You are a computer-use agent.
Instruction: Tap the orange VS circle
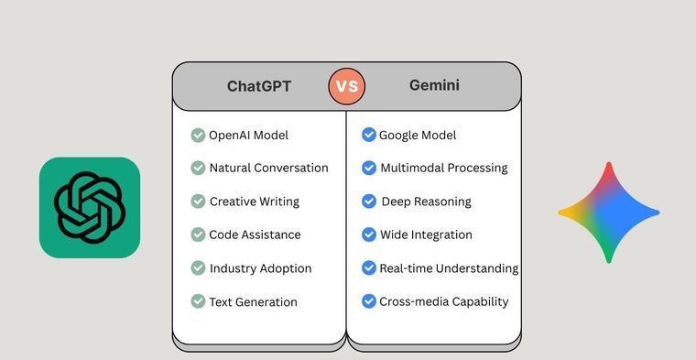point(346,87)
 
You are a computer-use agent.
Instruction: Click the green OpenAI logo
point(89,207)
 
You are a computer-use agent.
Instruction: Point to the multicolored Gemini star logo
point(608,212)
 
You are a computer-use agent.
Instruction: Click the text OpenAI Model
point(248,136)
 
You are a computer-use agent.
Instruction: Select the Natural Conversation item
point(268,168)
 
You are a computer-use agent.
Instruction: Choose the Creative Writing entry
point(254,202)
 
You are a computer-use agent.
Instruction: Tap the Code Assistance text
point(255,235)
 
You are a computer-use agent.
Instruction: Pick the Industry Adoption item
point(260,268)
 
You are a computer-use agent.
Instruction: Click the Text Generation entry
point(253,301)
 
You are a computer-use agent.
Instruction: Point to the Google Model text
point(418,136)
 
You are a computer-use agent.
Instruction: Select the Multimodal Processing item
point(443,168)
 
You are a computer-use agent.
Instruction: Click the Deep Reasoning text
point(425,202)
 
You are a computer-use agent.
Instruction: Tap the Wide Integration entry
point(426,235)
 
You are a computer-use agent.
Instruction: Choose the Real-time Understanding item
point(449,268)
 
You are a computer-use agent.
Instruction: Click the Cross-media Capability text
point(443,301)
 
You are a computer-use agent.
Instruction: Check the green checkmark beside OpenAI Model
point(198,136)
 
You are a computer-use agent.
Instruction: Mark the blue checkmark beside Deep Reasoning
point(368,202)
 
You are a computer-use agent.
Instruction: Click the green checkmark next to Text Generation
point(198,301)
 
